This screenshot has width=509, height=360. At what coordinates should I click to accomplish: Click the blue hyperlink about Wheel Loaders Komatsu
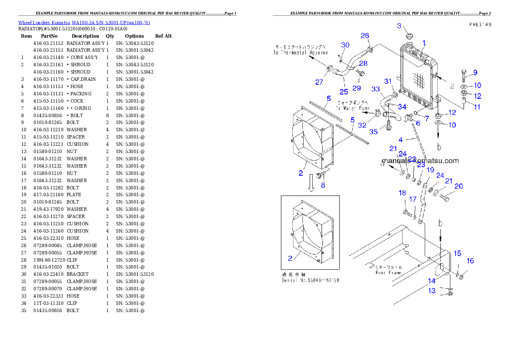[84, 23]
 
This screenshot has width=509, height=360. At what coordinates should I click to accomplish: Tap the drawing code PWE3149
[479, 25]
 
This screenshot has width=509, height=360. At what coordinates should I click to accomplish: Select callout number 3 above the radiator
[399, 26]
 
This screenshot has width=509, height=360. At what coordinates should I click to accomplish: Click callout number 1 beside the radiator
[424, 43]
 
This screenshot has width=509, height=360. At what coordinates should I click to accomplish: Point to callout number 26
[364, 36]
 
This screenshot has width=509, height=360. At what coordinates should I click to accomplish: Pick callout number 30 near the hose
[345, 45]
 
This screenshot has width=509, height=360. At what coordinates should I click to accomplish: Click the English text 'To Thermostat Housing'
[300, 53]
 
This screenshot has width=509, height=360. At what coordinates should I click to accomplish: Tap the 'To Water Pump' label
[353, 109]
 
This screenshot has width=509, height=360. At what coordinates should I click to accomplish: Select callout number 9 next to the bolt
[475, 72]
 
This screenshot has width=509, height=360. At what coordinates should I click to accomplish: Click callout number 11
[476, 107]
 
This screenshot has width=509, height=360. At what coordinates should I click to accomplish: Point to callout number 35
[373, 132]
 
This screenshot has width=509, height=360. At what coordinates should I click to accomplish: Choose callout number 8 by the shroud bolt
[323, 185]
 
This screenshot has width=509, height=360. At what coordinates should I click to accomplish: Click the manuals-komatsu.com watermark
[420, 161]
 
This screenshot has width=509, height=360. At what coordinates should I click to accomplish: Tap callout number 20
[458, 186]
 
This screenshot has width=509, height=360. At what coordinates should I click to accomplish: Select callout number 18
[402, 193]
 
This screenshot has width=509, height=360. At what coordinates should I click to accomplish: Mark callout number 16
[470, 261]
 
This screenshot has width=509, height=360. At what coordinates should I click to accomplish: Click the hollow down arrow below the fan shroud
[311, 186]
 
